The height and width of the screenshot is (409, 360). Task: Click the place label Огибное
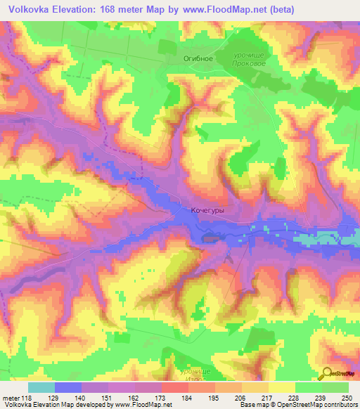pos(198,58)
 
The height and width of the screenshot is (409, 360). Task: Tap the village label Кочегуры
pos(207,209)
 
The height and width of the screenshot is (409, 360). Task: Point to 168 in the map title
pos(115,9)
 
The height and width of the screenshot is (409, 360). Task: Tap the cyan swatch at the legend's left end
pos(41,387)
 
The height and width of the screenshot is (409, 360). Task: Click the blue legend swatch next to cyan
pos(68,387)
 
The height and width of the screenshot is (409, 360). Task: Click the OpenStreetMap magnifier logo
pos(328,375)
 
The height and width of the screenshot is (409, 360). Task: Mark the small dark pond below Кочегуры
pos(210,238)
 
